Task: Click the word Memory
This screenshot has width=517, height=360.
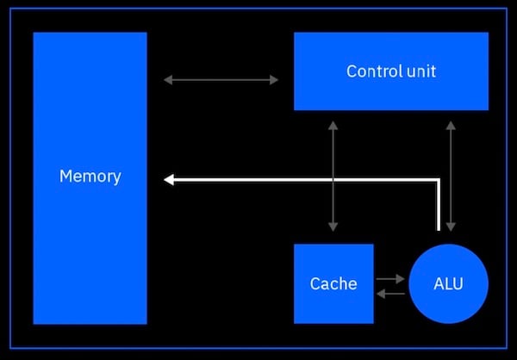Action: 90,177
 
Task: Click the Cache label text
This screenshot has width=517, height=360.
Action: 333,283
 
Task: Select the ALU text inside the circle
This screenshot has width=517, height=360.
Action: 448,283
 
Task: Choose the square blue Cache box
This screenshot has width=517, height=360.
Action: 333,306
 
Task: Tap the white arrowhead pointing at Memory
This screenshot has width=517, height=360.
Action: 169,179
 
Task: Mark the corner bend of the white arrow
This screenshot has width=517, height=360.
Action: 439,179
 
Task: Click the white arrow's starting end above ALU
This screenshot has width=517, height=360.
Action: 439,229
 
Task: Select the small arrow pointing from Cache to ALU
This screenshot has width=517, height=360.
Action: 390,278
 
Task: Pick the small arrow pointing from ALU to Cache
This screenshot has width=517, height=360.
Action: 390,294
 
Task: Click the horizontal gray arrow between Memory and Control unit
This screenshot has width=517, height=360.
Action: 221,80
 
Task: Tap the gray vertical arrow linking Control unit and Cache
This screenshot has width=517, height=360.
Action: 333,146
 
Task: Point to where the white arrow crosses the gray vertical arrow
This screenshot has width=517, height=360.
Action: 333,179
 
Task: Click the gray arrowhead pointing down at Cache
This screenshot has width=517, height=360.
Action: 333,227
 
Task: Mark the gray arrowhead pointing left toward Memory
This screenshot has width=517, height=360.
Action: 167,80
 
